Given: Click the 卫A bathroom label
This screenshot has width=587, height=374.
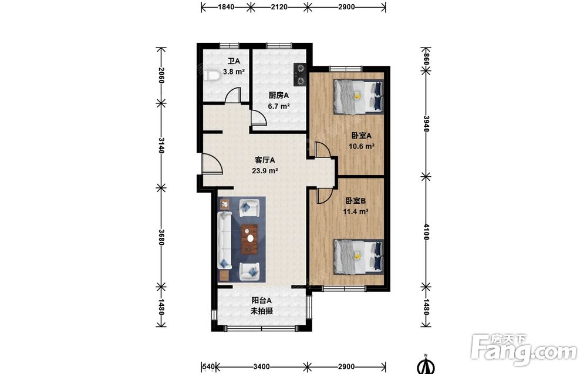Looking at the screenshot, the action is click(234, 61).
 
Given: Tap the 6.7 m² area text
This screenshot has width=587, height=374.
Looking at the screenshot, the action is click(279, 106).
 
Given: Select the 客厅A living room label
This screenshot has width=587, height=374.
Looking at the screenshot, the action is click(265, 160).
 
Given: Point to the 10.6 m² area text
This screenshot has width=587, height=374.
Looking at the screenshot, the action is click(362, 146).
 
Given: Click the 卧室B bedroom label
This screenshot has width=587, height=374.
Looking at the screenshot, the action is click(356, 201).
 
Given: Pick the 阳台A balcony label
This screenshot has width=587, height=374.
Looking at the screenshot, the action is click(261, 300).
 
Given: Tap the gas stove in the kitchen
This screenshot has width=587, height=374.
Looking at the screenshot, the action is click(300, 74).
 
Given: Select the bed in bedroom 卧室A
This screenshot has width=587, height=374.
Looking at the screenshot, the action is click(359, 97).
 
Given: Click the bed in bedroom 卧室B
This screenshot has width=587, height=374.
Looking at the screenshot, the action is click(359, 257).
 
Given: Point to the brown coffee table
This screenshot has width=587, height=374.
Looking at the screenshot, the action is click(249, 239).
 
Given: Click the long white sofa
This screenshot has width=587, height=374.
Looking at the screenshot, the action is click(225, 240).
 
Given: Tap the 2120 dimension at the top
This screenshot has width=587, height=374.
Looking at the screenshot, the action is click(279, 6).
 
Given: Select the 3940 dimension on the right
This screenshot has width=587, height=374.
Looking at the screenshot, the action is click(426, 123).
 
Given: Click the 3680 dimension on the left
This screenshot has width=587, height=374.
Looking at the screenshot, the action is click(161, 237).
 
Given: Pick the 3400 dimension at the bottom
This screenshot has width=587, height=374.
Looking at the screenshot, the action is click(261, 366).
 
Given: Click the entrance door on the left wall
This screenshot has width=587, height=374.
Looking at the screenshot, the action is click(212, 164).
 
